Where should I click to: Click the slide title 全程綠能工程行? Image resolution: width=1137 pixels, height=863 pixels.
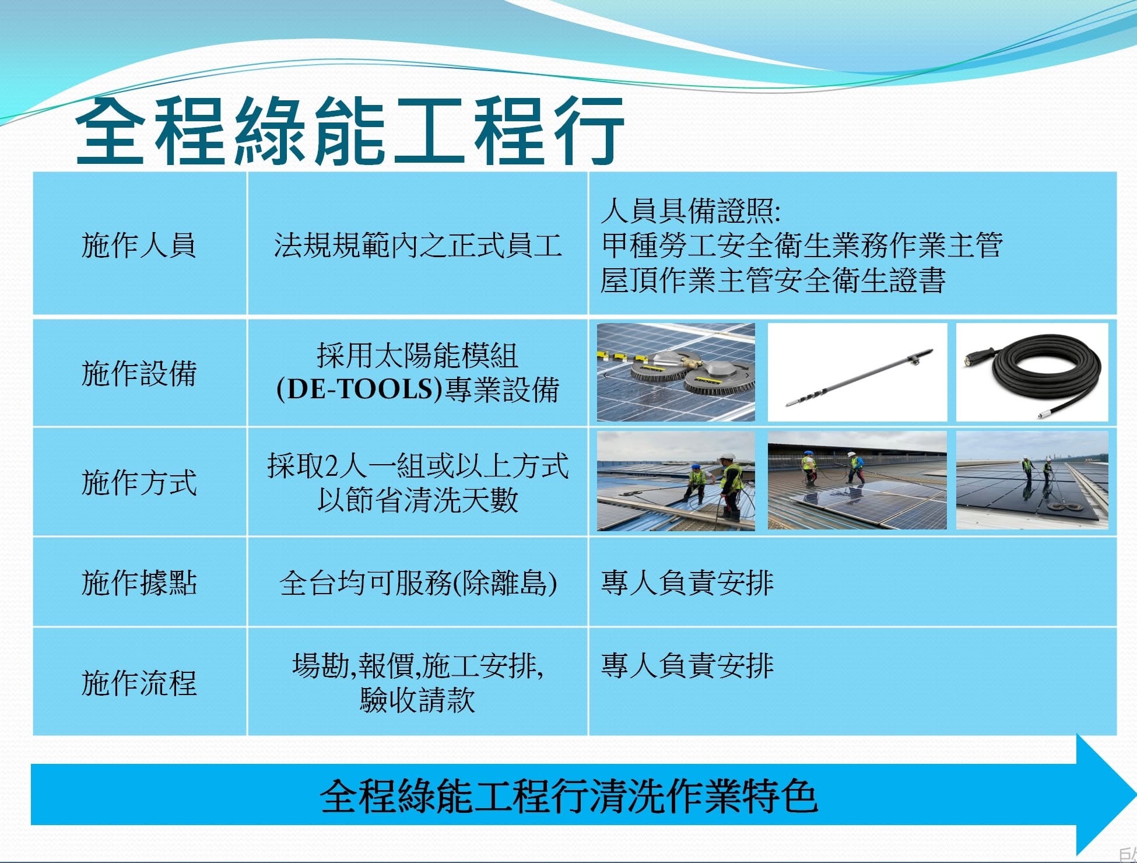click(x=350, y=131)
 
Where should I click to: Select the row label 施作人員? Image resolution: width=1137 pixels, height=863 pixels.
click(x=139, y=245)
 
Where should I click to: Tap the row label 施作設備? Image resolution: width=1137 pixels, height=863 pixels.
click(x=139, y=373)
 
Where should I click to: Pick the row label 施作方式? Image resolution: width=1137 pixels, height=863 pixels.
click(x=139, y=483)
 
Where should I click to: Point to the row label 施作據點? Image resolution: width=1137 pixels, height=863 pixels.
click(x=139, y=583)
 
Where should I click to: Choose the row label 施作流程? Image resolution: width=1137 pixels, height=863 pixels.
click(x=139, y=683)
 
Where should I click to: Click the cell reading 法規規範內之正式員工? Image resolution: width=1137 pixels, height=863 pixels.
click(x=417, y=245)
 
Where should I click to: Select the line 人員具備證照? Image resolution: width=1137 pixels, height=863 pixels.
click(x=690, y=211)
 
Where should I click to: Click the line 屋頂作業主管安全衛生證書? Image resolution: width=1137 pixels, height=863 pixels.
click(x=773, y=279)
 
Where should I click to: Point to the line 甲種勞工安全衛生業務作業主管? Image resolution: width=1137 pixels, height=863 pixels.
click(x=802, y=245)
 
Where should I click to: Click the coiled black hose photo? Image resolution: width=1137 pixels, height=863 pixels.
click(x=1032, y=372)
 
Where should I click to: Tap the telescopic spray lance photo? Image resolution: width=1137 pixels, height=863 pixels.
click(x=857, y=372)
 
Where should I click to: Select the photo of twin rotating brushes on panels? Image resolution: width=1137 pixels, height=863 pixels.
click(x=676, y=372)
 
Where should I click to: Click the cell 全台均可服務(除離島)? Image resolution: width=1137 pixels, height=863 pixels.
click(x=417, y=583)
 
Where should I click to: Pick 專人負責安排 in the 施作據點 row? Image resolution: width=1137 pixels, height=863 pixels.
click(x=687, y=583)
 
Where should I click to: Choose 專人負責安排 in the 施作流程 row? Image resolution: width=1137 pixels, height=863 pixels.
click(x=687, y=665)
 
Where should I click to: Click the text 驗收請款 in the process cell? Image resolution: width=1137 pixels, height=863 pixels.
click(x=417, y=700)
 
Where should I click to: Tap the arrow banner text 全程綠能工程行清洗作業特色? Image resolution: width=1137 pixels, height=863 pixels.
click(x=568, y=795)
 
